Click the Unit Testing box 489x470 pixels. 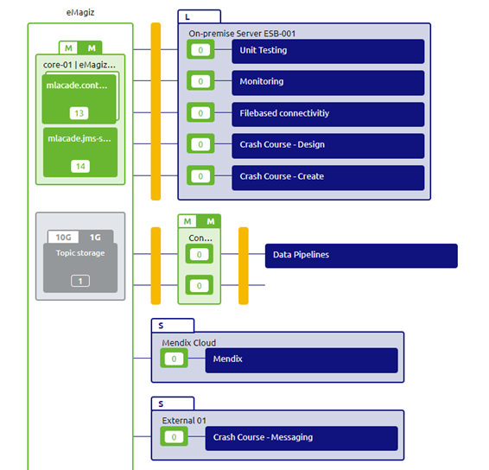point(327,51)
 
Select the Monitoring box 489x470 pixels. point(327,82)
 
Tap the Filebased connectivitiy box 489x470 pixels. point(327,114)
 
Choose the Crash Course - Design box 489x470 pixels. point(327,145)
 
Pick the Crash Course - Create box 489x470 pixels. point(327,177)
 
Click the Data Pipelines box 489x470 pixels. point(360,256)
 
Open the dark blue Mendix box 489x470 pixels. point(301,359)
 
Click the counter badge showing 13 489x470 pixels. point(79,113)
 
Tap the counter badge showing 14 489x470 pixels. point(79,166)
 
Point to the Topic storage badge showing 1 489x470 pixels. point(79,281)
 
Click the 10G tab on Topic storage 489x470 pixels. point(63,237)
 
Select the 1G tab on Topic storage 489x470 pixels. point(95,237)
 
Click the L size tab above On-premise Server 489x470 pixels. point(199,16)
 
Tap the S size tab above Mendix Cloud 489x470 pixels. point(172,326)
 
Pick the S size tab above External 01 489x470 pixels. point(172,403)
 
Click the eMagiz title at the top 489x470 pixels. point(80,11)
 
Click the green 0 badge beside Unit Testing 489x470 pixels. point(200,51)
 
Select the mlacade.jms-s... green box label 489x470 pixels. point(79,138)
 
